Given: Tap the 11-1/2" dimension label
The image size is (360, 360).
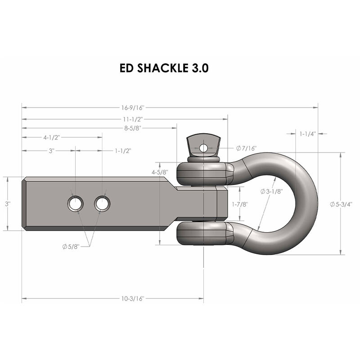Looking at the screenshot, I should (x=133, y=119).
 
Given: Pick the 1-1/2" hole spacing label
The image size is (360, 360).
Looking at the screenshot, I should (x=123, y=150).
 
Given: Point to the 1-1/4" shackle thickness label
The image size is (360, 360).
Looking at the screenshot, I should (x=308, y=134).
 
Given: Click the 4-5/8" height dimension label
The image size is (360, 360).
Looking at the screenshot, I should (x=160, y=172).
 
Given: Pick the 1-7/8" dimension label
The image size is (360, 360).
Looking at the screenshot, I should (x=239, y=204).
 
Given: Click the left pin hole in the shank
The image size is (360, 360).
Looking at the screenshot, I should (x=75, y=204).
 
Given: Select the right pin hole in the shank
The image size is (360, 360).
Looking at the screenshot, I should (x=102, y=204).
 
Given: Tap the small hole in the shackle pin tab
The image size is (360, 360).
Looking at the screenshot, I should (x=204, y=148).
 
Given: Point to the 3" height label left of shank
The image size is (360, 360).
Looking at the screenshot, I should (x=7, y=204).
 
